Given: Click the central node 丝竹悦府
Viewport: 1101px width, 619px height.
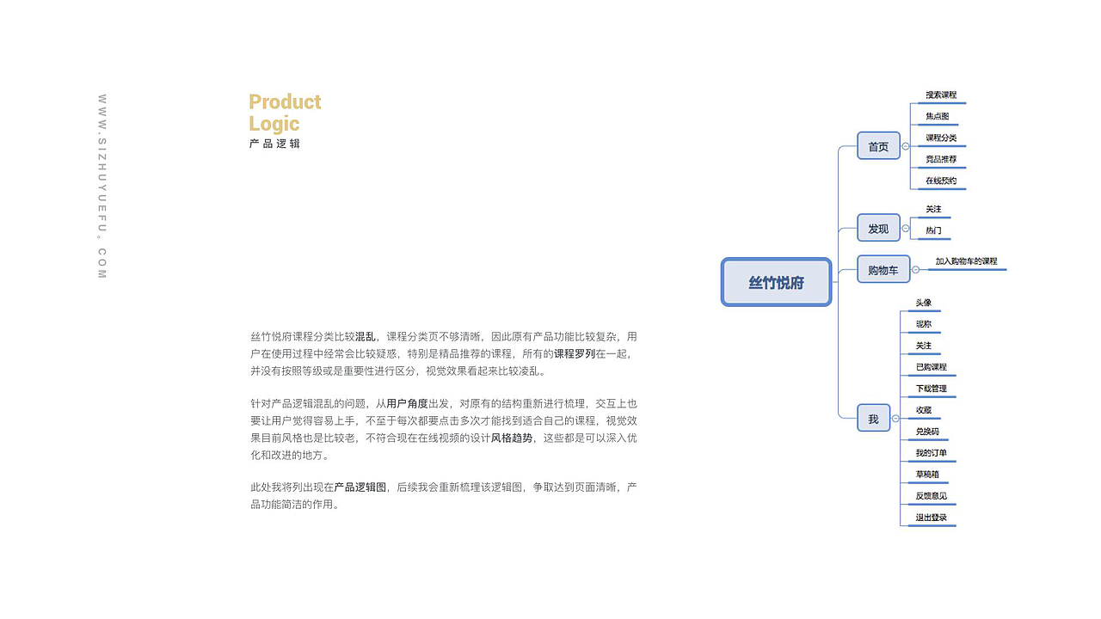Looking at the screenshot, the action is point(776,282).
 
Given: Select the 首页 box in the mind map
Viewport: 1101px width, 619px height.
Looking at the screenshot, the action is point(878,146).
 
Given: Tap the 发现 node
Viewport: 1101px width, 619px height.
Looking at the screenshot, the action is point(878,228).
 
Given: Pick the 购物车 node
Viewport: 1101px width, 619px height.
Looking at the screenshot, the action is point(883,269).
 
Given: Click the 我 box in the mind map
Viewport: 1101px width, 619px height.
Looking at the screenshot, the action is point(873,419).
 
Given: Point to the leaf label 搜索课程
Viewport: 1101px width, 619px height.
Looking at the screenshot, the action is point(941,95).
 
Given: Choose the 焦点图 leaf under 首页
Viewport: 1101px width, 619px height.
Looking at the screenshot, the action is point(938,117).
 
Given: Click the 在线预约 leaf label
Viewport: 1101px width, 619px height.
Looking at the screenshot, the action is point(941,181).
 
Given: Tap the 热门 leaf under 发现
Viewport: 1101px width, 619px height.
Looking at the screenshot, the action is point(933,231).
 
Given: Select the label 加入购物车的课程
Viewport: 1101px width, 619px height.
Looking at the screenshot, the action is point(967,261).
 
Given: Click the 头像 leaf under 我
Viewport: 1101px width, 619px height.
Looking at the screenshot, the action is point(923,303).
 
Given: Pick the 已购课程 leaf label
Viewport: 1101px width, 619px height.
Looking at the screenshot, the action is point(931,367).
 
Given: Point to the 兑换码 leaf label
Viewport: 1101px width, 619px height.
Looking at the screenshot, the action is point(927,432).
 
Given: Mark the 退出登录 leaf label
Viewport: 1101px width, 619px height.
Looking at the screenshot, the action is point(931,518).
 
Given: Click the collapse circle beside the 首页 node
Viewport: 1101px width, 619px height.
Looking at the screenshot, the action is point(906,147).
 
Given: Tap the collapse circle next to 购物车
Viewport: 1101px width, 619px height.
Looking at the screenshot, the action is point(915,270).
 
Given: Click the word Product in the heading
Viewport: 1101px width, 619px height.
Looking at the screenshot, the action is point(285,102).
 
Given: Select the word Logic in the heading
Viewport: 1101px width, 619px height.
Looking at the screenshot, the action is point(274,124).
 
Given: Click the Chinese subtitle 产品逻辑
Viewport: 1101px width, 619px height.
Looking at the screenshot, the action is point(275,144).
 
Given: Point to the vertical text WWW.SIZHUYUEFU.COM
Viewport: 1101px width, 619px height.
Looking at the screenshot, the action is point(101,187).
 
